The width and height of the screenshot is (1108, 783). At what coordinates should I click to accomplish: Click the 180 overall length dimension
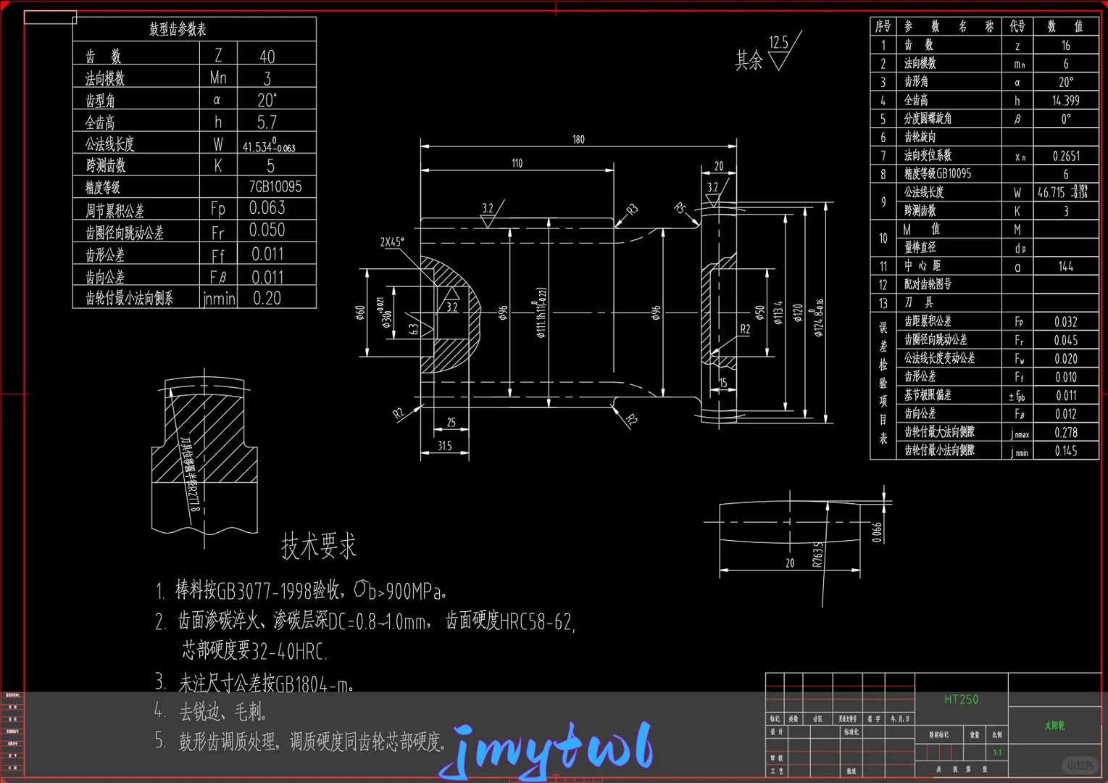[578, 139]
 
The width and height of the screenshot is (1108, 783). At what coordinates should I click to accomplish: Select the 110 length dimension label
[517, 163]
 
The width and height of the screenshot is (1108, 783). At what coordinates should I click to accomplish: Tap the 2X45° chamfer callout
[392, 242]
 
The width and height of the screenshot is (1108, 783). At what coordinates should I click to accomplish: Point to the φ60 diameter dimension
[360, 312]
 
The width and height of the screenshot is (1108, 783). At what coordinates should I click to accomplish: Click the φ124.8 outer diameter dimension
[819, 318]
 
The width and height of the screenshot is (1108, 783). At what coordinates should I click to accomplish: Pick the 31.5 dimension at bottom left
[444, 446]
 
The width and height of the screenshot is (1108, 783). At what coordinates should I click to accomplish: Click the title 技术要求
[319, 546]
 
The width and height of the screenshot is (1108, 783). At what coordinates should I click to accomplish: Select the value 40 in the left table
[267, 56]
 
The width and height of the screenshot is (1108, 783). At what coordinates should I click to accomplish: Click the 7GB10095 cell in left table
[275, 187]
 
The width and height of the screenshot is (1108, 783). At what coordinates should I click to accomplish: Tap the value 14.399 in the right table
[1065, 101]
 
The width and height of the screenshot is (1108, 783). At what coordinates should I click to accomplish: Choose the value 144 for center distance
[1065, 266]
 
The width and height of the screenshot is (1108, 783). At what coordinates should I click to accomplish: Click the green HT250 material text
[961, 699]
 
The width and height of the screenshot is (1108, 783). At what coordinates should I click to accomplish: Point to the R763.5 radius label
[817, 555]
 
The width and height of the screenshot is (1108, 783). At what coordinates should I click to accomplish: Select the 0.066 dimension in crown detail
[877, 532]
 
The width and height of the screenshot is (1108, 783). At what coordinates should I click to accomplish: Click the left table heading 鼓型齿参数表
[178, 29]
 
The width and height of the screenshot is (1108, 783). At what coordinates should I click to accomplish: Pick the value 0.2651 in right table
[1065, 156]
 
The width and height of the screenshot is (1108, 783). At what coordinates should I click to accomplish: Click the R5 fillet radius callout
[680, 208]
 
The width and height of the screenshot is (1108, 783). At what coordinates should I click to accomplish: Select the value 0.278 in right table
[1065, 432]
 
